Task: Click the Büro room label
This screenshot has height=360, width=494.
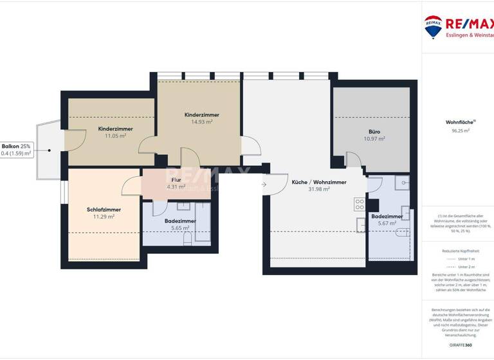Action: pyautogui.click(x=374, y=132)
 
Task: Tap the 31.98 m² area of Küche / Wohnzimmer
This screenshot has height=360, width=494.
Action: pyautogui.click(x=319, y=189)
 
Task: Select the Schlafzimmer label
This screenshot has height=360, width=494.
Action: pyautogui.click(x=104, y=210)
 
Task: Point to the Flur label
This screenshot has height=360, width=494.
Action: pyautogui.click(x=176, y=180)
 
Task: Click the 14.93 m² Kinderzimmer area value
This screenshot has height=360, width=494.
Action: pyautogui.click(x=201, y=122)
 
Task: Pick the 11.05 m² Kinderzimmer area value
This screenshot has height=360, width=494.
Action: pyautogui.click(x=116, y=136)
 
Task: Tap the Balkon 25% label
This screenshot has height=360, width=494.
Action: pyautogui.click(x=16, y=147)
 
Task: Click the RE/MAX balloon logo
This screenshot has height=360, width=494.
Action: pyautogui.click(x=433, y=26)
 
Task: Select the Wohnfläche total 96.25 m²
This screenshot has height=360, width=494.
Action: pyautogui.click(x=457, y=130)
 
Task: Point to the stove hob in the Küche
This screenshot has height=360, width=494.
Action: pyautogui.click(x=360, y=204)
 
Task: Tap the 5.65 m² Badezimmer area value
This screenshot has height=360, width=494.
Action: pyautogui.click(x=179, y=228)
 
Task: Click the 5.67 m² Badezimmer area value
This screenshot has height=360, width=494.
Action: pyautogui.click(x=387, y=223)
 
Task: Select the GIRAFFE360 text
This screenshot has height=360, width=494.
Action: pyautogui.click(x=457, y=345)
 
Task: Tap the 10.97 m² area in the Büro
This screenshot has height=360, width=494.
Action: pyautogui.click(x=374, y=139)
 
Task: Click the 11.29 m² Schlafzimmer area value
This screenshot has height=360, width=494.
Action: pyautogui.click(x=104, y=217)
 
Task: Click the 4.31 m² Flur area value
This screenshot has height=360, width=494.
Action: pyautogui.click(x=176, y=187)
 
